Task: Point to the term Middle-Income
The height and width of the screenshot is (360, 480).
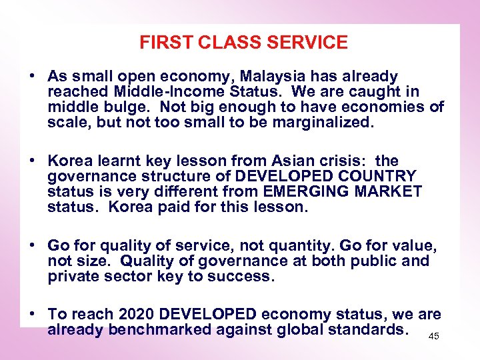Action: (159, 92)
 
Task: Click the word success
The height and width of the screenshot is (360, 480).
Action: (242, 277)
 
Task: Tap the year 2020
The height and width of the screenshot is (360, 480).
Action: (134, 315)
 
